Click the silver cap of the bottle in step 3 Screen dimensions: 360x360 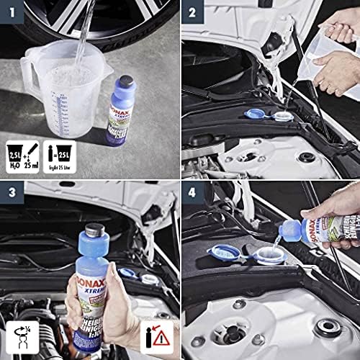[x=96, y=233]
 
